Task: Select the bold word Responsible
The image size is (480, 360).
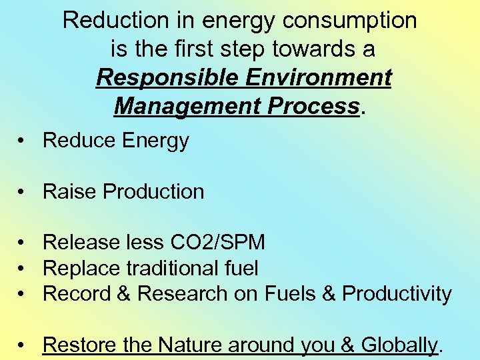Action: (167, 78)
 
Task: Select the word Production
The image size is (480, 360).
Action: (154, 192)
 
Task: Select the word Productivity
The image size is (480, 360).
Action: (397, 294)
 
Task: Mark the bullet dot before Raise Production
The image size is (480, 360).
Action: (23, 192)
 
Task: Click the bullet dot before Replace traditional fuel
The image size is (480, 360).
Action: (23, 269)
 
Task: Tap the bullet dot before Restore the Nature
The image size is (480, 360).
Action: (23, 345)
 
